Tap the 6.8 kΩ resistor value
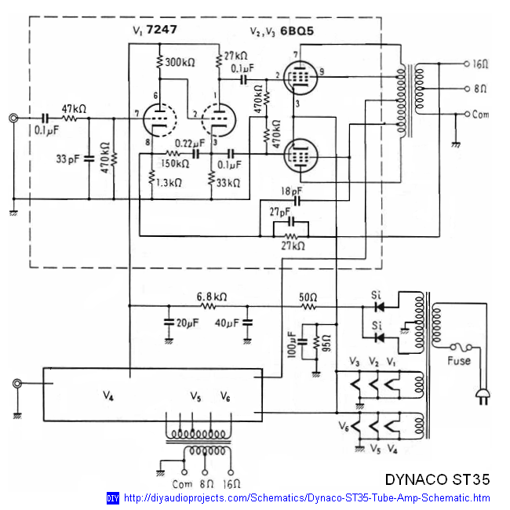pos(211,297)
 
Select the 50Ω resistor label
pos(308,297)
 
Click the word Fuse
pos(459,360)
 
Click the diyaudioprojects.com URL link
pos(307,498)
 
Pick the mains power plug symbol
pos(482,399)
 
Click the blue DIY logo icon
pos(112,498)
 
